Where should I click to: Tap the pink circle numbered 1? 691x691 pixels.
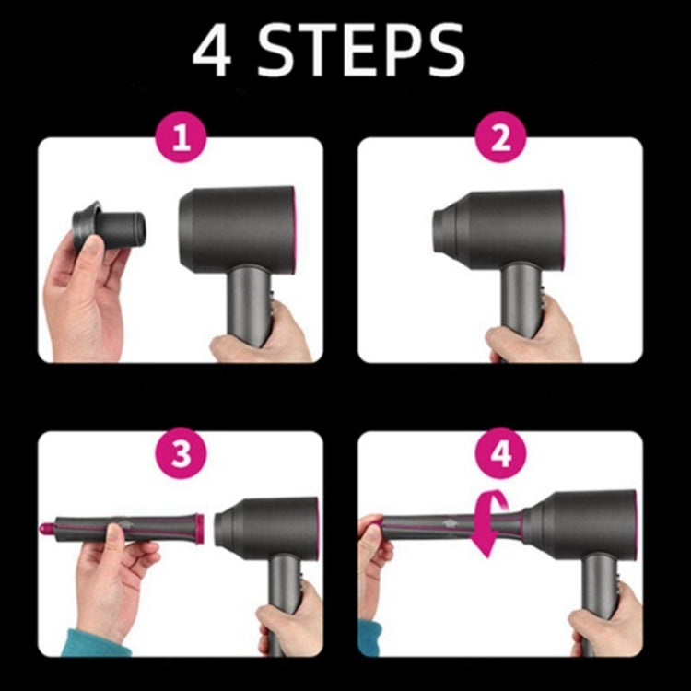click(181, 140)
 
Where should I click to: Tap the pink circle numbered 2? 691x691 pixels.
click(500, 140)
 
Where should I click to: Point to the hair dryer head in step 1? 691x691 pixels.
click(237, 227)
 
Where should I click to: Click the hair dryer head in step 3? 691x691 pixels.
click(267, 528)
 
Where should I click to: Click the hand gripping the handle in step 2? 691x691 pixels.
click(534, 341)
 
